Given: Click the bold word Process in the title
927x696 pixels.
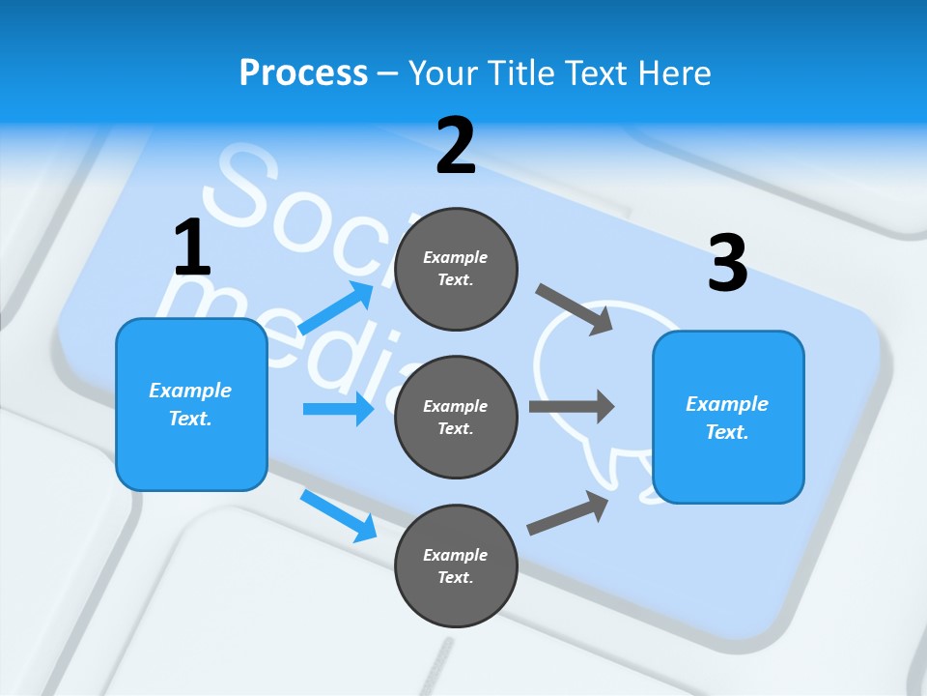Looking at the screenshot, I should point(303,73).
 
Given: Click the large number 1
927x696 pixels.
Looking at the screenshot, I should point(192,248).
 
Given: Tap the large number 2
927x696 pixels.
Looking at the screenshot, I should point(456,146).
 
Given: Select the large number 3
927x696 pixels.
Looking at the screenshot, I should point(727,263).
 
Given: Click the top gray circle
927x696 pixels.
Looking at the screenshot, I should point(456,269).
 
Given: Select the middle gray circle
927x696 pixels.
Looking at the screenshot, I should point(456,418).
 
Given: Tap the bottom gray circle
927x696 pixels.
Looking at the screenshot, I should point(456,566).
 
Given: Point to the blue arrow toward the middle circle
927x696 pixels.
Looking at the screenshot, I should point(338,409).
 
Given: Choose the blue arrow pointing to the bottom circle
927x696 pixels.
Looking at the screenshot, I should point(338,515).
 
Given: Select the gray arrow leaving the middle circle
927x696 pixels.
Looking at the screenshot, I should point(572,407).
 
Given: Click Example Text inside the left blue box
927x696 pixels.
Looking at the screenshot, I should point(190,404).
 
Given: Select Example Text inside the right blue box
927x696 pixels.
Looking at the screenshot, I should point(727,418).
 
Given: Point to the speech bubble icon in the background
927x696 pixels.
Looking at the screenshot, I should point(579,367).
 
